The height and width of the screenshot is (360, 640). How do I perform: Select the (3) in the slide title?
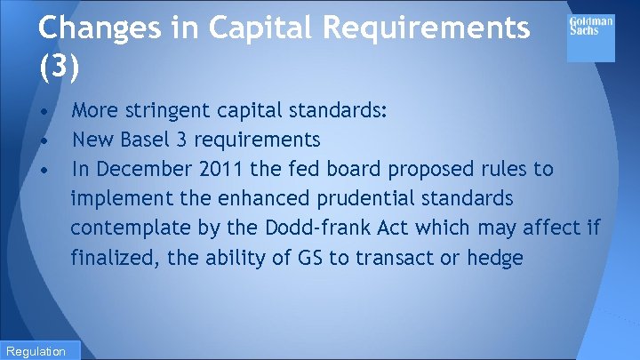[58, 67]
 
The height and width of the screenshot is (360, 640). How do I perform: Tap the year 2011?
[213, 169]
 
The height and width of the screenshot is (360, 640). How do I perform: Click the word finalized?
[112, 258]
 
